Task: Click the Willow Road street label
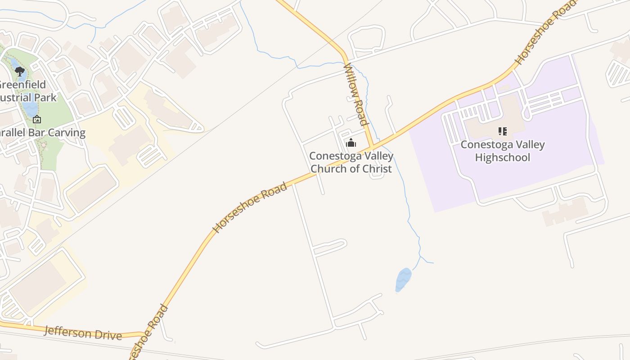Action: point(355,94)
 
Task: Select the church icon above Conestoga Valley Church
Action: point(351,144)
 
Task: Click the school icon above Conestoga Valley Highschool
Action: point(503,131)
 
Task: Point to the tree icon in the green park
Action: point(19,71)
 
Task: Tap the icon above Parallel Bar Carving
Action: point(37,119)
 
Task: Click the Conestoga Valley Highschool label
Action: point(503,151)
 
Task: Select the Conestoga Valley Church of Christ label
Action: point(351,162)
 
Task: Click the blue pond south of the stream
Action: point(403,280)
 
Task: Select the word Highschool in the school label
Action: point(503,157)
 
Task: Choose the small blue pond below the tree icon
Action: point(30,108)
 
